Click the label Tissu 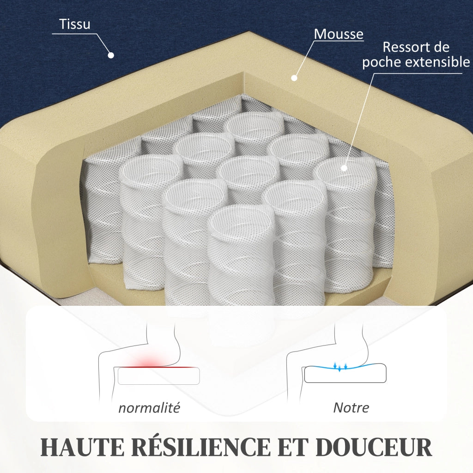(x=74, y=24)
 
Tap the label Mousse (x=339, y=34)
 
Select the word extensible (x=437, y=62)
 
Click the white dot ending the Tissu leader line (x=111, y=55)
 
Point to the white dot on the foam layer (x=294, y=78)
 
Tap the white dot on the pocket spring (x=344, y=168)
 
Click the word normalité (x=149, y=408)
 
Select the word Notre (x=351, y=407)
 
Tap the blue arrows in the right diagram (x=340, y=366)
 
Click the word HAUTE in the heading (x=82, y=447)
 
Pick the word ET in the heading (x=293, y=447)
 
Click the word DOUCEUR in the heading (x=374, y=447)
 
